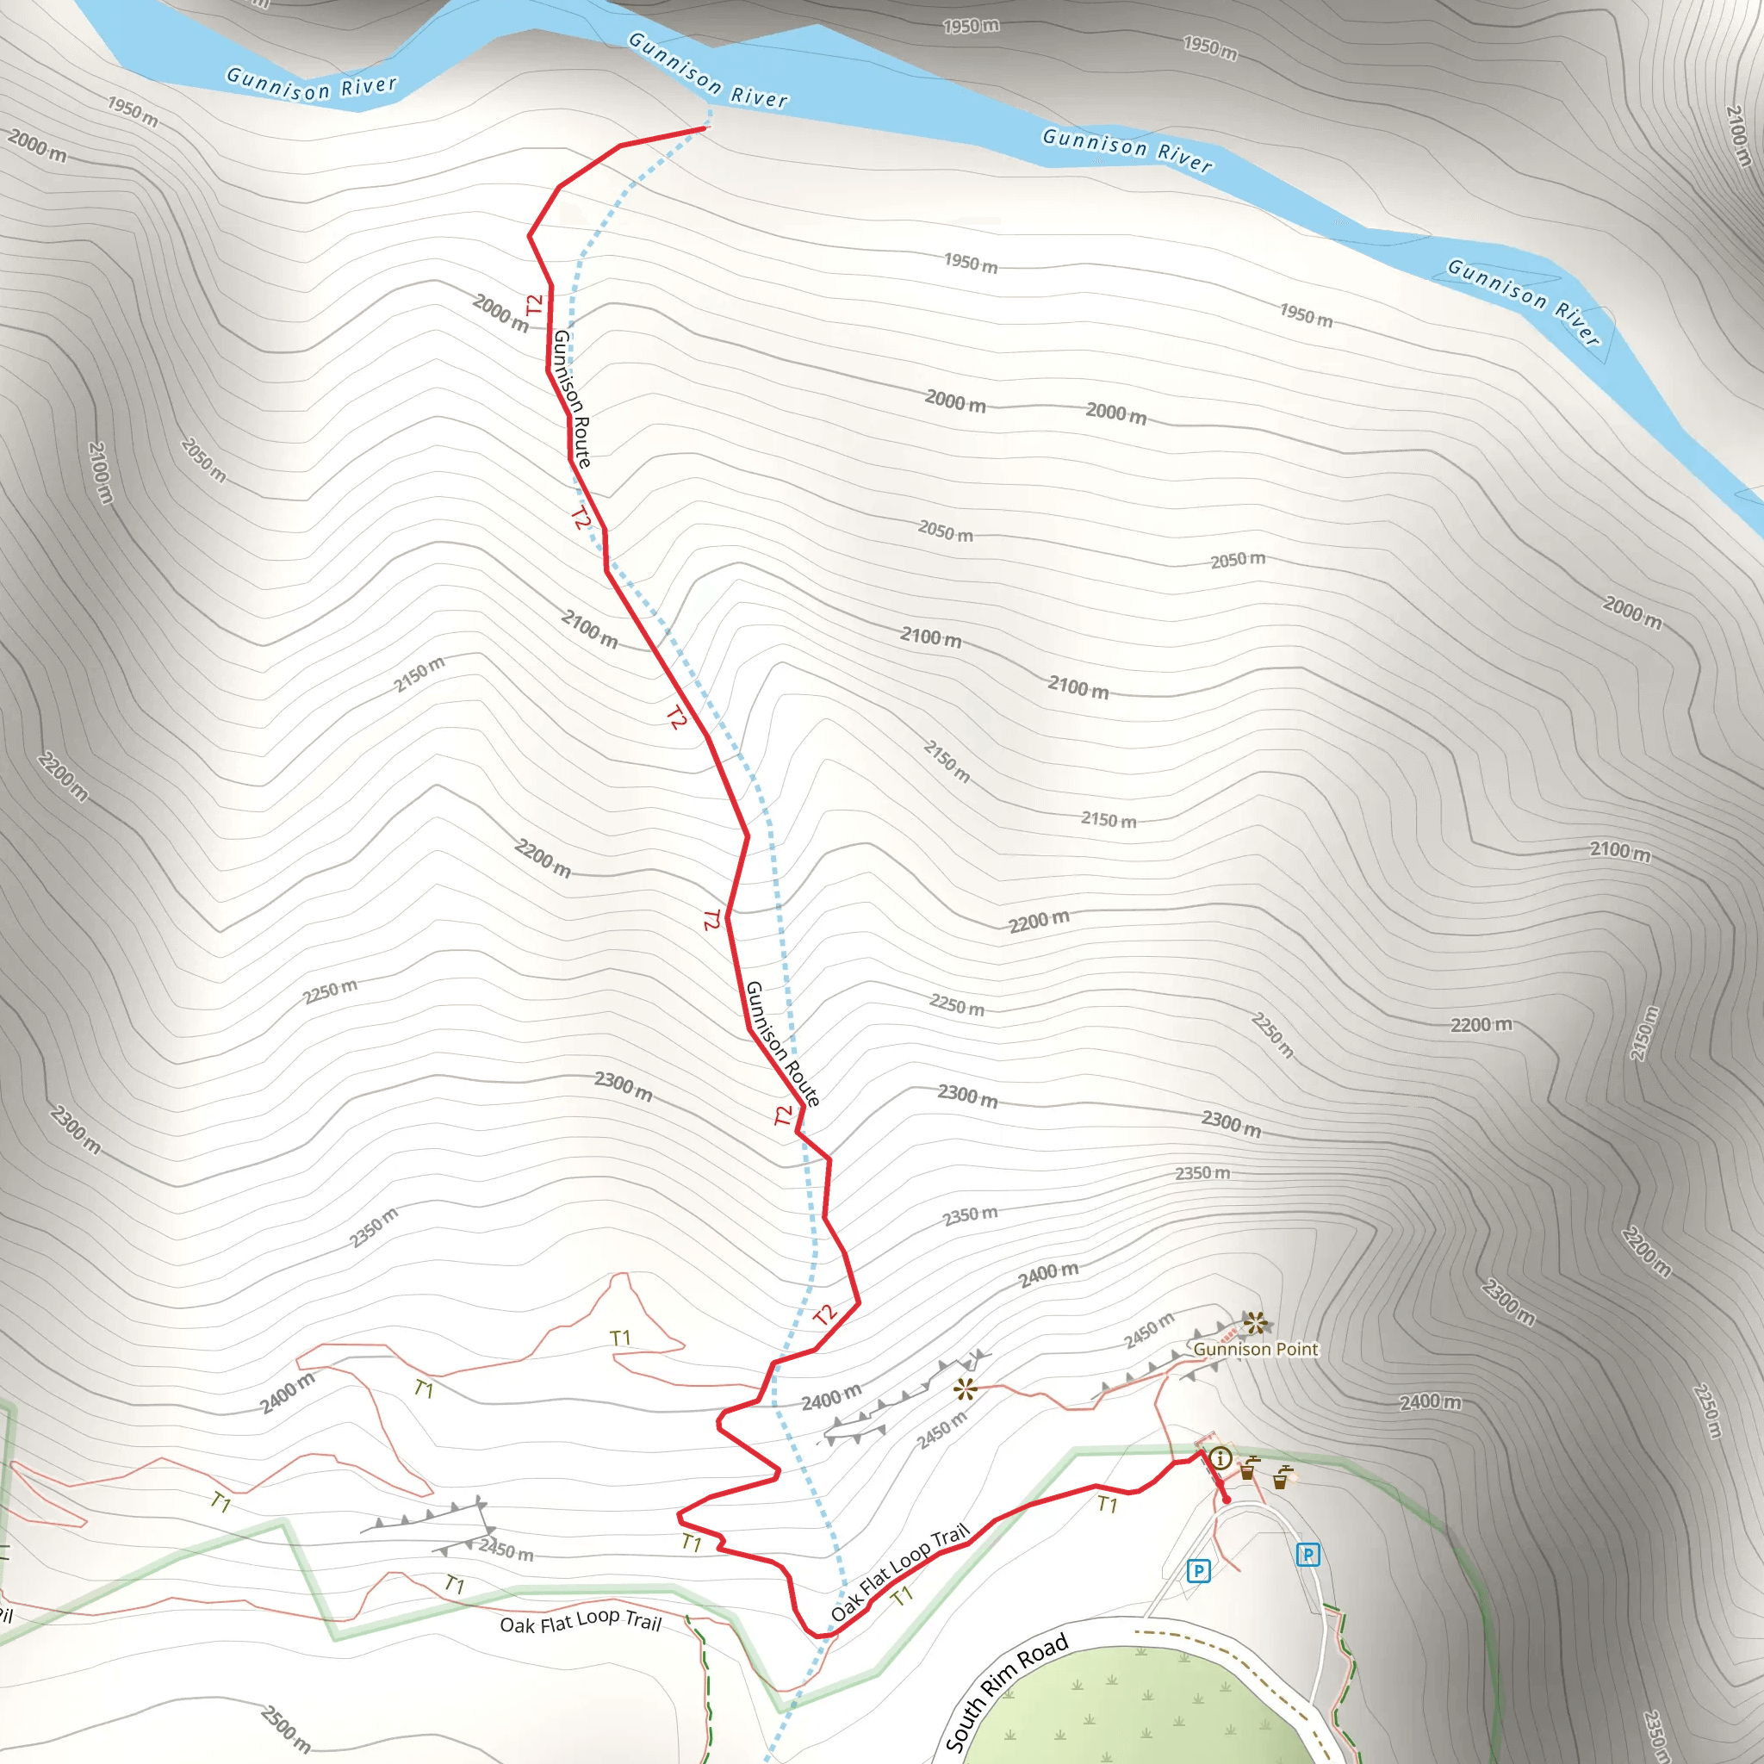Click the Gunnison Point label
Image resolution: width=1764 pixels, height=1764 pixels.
coord(1256,1349)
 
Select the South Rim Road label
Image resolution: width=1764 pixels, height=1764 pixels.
coord(1006,1692)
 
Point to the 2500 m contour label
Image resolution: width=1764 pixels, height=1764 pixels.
coord(286,1728)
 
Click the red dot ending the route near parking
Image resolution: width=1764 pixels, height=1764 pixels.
coord(1227,1500)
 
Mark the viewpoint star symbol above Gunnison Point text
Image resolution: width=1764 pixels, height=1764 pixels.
coord(1256,1322)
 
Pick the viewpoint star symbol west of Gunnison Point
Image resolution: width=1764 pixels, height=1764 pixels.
coord(965,1390)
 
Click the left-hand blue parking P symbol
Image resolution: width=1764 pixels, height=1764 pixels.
coord(1198,1570)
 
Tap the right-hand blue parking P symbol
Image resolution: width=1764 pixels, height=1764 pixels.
coord(1307,1554)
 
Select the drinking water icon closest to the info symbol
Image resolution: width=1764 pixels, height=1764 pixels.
coord(1248,1469)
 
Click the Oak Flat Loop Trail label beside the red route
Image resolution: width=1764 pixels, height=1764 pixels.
coord(900,1572)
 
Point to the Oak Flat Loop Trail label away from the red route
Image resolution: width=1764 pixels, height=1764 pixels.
coord(581,1623)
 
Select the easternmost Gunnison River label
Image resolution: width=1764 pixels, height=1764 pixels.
coord(1524,302)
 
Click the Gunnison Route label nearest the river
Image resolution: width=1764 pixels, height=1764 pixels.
coord(573,398)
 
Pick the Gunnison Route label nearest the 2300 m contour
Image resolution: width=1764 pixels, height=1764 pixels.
coord(782,1044)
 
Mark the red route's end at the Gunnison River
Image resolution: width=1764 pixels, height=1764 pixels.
coord(705,128)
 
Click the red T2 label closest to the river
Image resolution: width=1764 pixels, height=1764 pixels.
coord(534,304)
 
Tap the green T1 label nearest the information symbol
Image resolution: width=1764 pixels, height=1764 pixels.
coord(1107,1505)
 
